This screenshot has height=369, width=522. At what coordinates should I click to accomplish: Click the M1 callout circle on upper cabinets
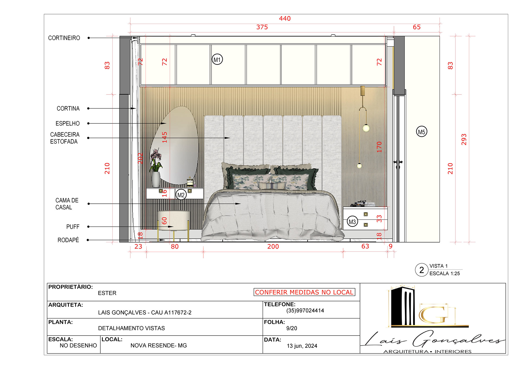click(217, 60)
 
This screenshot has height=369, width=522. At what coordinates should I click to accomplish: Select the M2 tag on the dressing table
click(181, 195)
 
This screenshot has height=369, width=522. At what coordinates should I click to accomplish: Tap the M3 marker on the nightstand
click(352, 222)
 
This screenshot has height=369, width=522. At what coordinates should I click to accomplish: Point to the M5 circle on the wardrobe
click(421, 132)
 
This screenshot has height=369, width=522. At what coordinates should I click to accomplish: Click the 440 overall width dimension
click(285, 18)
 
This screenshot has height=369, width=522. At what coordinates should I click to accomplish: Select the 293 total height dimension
click(464, 139)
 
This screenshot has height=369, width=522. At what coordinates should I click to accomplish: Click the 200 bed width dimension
click(273, 247)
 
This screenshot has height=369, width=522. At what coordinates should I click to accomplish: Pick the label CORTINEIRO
click(64, 38)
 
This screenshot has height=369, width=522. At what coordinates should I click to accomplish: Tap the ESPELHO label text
click(67, 123)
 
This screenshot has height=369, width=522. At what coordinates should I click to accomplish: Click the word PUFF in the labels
click(73, 227)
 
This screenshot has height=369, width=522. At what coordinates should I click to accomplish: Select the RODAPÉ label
click(68, 240)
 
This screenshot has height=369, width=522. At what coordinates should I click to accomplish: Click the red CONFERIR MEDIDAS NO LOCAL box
click(304, 292)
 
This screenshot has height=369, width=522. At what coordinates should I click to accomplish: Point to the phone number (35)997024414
click(305, 311)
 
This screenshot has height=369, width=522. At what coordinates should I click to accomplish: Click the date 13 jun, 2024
click(302, 346)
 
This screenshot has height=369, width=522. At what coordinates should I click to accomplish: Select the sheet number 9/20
click(291, 328)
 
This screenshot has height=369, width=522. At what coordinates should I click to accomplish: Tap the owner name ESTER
click(107, 293)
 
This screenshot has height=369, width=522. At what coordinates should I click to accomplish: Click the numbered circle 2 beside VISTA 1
click(421, 270)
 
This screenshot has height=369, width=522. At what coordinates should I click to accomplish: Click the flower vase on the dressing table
click(156, 179)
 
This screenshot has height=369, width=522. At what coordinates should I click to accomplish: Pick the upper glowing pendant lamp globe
click(366, 128)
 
